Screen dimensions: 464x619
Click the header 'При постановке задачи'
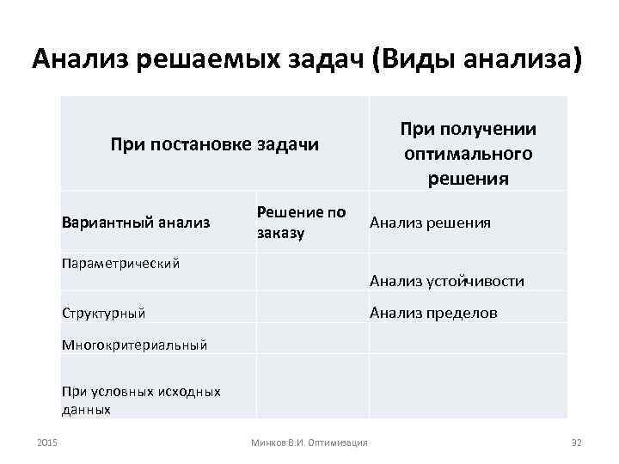(x=214, y=144)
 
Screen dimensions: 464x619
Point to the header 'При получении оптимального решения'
(x=468, y=154)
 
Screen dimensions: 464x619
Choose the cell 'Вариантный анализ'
(x=136, y=223)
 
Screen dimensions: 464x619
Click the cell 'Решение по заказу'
(x=301, y=223)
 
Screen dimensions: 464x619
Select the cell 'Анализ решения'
(x=430, y=223)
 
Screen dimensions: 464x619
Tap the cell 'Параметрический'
(x=120, y=263)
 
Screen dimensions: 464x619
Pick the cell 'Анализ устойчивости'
(x=446, y=281)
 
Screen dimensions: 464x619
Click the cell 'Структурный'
(x=104, y=313)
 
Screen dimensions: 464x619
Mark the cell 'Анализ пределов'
(x=433, y=313)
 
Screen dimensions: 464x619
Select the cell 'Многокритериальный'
(x=135, y=345)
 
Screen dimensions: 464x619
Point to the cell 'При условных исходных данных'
(x=141, y=400)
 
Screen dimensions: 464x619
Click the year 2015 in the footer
(x=47, y=443)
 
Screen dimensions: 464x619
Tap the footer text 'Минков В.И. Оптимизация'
(x=309, y=443)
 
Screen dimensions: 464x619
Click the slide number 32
(x=577, y=443)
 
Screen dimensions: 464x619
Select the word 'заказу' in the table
(x=281, y=233)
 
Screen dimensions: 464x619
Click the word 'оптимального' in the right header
(x=468, y=154)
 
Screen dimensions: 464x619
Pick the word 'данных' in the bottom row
(x=86, y=410)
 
